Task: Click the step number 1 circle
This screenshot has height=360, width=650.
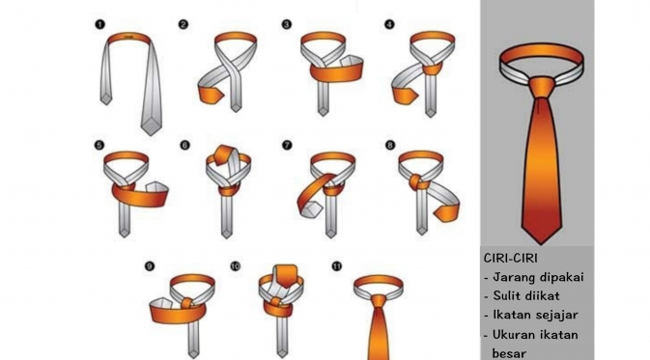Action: coord(99,24)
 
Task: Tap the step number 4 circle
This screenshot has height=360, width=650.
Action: coord(389,24)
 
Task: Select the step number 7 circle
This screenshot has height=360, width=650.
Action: coord(287,145)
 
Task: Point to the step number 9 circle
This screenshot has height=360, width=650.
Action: coord(150,266)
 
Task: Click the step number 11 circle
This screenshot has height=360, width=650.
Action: coord(337,266)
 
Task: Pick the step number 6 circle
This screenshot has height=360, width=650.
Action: coord(184,145)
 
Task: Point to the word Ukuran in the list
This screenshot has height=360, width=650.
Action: coord(513,334)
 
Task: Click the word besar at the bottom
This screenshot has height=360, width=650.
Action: coord(509,353)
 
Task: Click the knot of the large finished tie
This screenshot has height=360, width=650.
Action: coord(542,87)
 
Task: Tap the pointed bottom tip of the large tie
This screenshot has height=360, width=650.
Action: coord(541,243)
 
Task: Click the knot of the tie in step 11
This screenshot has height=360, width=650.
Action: coord(379,301)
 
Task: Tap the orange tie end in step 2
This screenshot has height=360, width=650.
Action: coord(211,96)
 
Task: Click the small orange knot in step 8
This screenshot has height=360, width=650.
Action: coord(415,182)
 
